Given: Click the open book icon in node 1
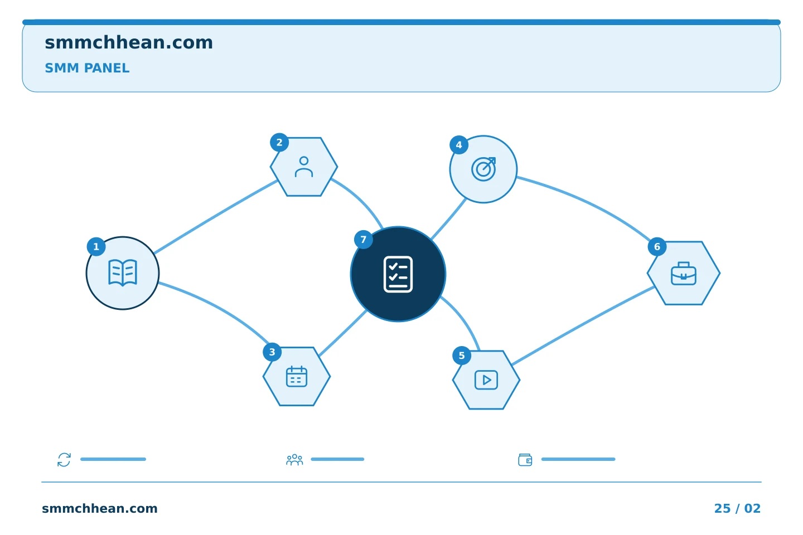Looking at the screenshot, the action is point(123,273).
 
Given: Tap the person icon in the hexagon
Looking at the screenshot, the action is point(304,167).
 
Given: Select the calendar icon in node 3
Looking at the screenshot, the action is point(297,376).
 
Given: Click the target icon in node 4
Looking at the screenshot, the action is point(483,169).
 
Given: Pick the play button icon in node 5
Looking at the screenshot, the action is point(486,380).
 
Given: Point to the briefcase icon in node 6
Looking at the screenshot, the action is point(684,274).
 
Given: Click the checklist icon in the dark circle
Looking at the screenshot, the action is point(398,275).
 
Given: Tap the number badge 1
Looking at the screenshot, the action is point(96,246).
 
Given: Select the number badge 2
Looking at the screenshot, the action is point(279,142).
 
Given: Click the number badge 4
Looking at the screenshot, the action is point(459,145).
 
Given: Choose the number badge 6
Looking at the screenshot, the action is point(657,246).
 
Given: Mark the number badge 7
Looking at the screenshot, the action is point(364,240).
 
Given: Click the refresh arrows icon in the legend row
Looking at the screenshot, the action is point(64,459).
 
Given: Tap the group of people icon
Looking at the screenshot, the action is point(294,459).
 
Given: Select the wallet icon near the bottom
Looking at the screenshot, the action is point(525,460).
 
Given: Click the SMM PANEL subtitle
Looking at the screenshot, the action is point(87,68).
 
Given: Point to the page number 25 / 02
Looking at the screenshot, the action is point(737,508).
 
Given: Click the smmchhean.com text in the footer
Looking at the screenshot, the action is point(100,508).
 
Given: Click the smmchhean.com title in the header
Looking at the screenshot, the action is point(129,43).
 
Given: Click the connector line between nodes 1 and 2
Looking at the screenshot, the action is point(216,217).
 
